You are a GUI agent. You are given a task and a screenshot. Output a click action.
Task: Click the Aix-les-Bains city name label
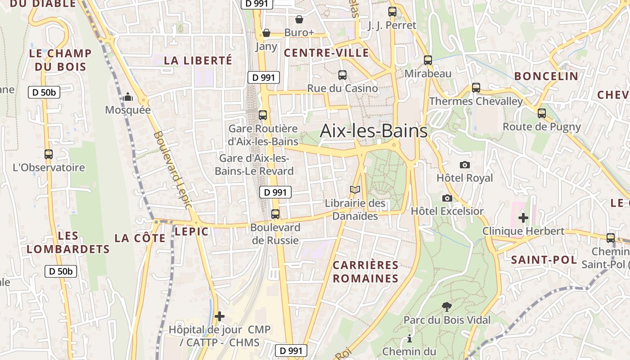click(373, 131)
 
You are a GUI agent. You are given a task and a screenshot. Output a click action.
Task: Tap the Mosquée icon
click(128, 97)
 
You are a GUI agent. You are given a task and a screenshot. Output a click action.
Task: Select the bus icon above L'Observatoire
click(49, 154)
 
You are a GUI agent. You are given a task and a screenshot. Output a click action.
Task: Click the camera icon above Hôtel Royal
click(465, 165)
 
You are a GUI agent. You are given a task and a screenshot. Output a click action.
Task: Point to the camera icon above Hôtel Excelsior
click(447, 198)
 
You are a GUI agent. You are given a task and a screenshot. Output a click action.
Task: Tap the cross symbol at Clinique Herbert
click(523, 218)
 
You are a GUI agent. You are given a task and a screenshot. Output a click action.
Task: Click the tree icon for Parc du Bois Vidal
click(447, 307)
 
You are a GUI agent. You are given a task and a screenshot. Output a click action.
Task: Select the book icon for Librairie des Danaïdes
click(355, 190)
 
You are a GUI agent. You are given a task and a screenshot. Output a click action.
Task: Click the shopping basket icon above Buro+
click(299, 19)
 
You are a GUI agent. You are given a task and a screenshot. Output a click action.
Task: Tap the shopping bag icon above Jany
click(266, 33)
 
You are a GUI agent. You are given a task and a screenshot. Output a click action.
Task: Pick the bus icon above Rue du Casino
click(342, 75)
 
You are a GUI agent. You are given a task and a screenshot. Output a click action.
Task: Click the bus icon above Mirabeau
click(427, 60)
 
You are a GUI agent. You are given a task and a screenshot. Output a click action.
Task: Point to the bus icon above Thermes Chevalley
click(476, 88)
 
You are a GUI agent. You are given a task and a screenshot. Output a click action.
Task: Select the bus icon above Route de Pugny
click(542, 113)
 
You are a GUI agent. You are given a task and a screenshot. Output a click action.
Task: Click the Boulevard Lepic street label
click(173, 170)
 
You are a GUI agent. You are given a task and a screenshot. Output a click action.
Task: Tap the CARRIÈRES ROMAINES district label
click(365, 272)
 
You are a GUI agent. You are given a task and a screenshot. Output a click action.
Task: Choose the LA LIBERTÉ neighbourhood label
click(198, 60)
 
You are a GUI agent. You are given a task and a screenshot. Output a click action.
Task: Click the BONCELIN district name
click(546, 76)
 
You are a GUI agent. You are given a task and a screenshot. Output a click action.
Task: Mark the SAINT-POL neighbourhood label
click(544, 260)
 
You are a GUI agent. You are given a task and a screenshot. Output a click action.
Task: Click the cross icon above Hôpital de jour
click(219, 316)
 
